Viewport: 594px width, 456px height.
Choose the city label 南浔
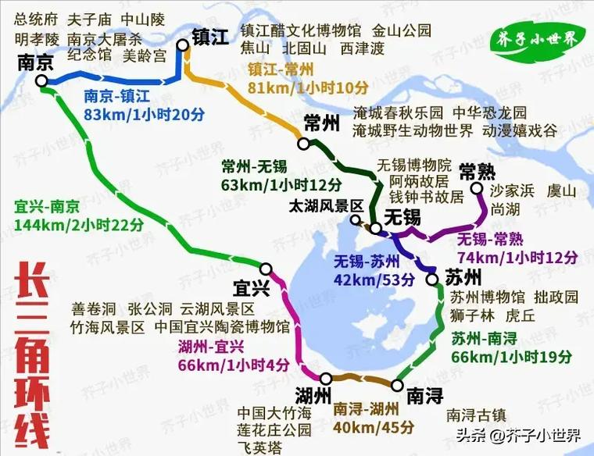[x=424, y=394]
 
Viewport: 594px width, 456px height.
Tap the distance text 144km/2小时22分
[x=79, y=225]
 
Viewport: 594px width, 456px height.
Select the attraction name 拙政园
[x=556, y=297]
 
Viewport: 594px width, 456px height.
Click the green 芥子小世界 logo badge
[x=535, y=38]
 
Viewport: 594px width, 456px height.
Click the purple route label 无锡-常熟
[x=489, y=239]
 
